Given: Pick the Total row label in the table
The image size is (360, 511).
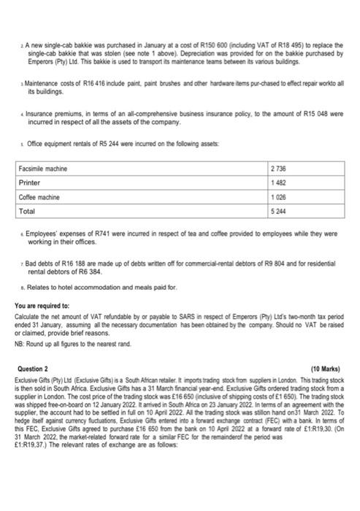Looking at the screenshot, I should (x=28, y=211).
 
